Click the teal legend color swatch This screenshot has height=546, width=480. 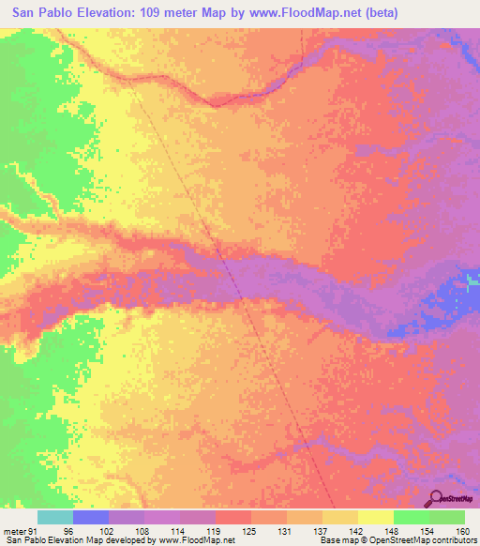(55, 517)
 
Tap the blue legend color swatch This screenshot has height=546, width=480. (91, 517)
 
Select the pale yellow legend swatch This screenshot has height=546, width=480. (376, 517)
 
